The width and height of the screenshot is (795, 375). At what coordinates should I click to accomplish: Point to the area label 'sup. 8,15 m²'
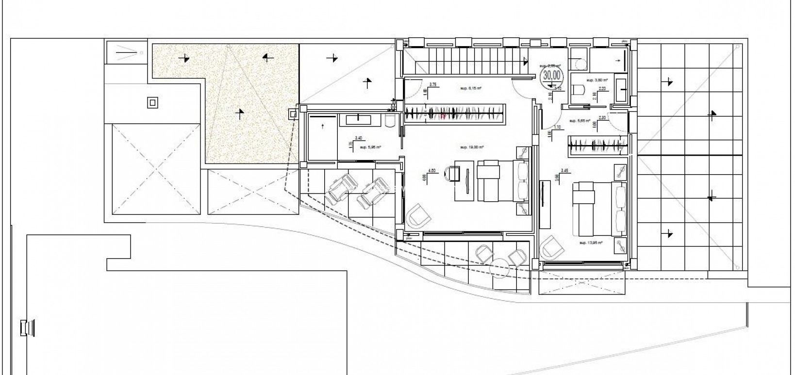pos(471,89)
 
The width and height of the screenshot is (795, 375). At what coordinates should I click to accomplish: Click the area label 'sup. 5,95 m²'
pos(370,146)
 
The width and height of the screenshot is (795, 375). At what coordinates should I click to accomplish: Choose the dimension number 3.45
pos(564,170)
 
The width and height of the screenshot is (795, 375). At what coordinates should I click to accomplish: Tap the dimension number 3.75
pos(433,84)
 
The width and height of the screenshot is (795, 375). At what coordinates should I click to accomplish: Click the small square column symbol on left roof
pos(152,102)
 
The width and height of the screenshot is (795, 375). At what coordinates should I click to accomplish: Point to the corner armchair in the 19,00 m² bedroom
pos(415,216)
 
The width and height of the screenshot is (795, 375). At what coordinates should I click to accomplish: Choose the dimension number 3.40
pos(358,138)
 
